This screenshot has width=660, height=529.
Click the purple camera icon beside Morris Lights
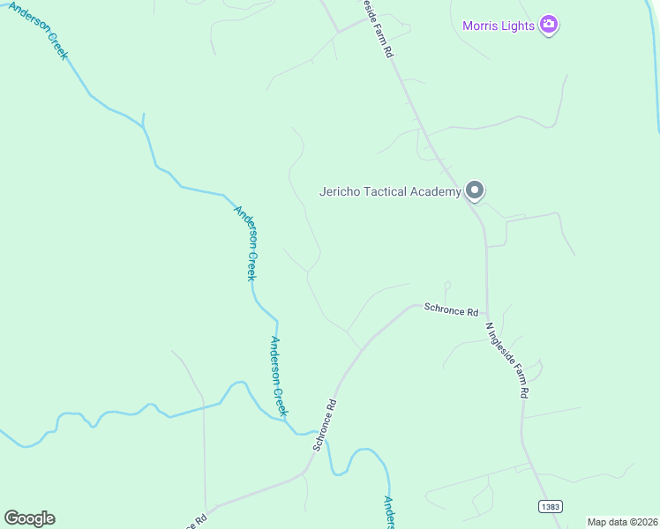pos(549,25)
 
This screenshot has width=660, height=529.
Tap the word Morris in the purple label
pos(483,26)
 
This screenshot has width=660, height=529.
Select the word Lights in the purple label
pos(520,26)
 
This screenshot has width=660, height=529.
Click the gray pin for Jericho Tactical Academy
pos(475,190)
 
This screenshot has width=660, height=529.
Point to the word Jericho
pos(341,191)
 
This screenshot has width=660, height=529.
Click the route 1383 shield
pos(549,505)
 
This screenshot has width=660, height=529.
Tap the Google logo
pos(29,518)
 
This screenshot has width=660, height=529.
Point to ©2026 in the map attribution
pos(642,522)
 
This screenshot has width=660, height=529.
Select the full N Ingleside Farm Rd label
pos(507,360)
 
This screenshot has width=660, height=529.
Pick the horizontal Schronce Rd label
pos(451,310)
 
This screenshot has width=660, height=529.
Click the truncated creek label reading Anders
pos(388,512)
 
